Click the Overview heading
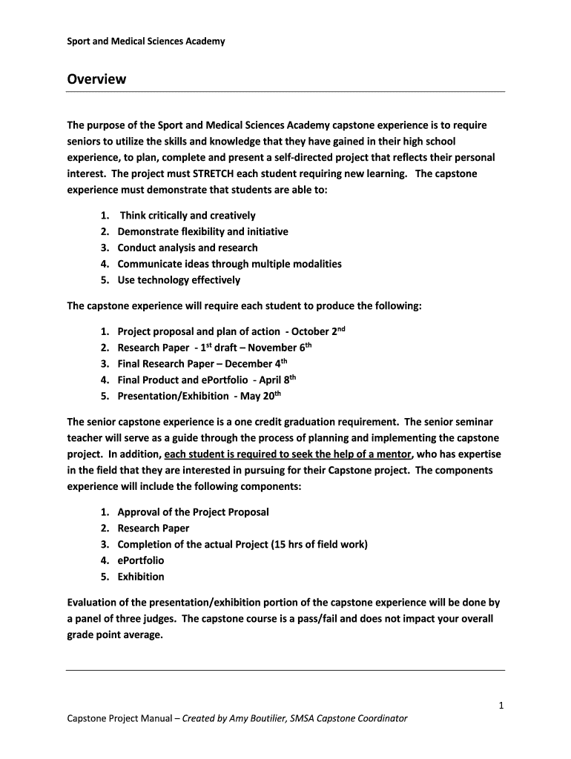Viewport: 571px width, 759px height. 96,79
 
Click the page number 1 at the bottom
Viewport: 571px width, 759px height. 501,706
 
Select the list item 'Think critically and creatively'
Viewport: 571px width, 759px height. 187,216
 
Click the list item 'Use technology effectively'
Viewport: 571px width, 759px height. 179,280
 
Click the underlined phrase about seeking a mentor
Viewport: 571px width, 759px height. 288,454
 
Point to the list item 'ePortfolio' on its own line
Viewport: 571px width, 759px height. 141,560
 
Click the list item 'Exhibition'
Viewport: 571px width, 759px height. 141,577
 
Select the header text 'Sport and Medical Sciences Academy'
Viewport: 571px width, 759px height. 146,42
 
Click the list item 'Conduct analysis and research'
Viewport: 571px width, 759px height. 188,248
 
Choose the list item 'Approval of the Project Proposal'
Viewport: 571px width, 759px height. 193,512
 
